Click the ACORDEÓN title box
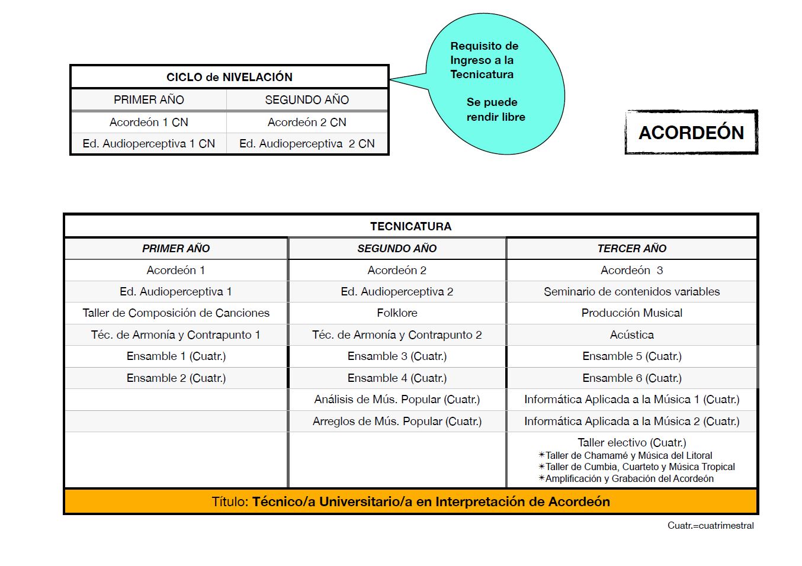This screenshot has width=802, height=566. click(691, 132)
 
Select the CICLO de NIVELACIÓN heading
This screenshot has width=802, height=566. click(229, 77)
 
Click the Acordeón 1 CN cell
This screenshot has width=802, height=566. click(149, 122)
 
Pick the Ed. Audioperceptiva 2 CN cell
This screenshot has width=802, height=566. click(307, 143)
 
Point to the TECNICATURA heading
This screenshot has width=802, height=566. click(410, 226)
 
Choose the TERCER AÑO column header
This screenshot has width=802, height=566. click(631, 248)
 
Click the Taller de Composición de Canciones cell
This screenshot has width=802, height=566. click(176, 313)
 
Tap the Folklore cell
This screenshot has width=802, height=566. click(397, 313)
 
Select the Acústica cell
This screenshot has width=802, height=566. click(631, 335)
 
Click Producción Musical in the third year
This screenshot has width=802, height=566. click(631, 313)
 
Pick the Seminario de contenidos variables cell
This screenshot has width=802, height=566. click(631, 291)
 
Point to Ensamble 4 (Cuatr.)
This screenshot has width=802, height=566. click(397, 378)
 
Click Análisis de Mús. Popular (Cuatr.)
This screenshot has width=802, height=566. click(397, 399)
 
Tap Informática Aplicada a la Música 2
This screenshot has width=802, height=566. click(631, 421)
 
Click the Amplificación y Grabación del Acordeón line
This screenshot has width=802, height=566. click(628, 478)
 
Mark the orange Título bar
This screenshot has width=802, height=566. click(410, 501)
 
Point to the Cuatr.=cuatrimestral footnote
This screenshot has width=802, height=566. click(710, 525)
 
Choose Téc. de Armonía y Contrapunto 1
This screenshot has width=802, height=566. click(176, 335)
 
